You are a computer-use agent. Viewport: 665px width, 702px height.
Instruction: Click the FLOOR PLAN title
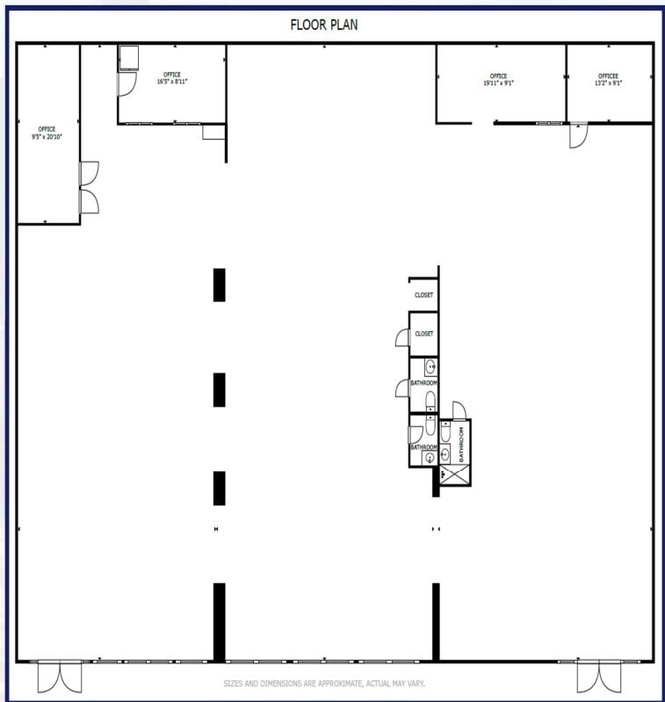pyautogui.click(x=324, y=25)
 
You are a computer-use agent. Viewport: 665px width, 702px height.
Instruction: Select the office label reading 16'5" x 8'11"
pyautogui.click(x=172, y=77)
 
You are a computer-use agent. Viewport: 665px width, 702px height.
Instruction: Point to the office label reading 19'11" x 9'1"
pyautogui.click(x=498, y=80)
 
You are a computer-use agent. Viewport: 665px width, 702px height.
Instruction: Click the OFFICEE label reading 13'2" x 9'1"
pyautogui.click(x=609, y=80)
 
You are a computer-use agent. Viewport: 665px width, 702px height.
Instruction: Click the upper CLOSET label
pyautogui.click(x=423, y=295)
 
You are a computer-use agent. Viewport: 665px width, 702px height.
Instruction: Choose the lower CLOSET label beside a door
pyautogui.click(x=423, y=334)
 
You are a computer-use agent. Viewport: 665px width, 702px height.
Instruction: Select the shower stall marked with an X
pyautogui.click(x=454, y=474)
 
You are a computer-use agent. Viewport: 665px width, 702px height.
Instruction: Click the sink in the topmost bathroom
pyautogui.click(x=430, y=366)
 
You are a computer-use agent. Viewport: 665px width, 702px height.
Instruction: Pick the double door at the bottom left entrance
pyautogui.click(x=59, y=677)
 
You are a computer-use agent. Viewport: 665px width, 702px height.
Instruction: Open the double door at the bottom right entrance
pyautogui.click(x=598, y=677)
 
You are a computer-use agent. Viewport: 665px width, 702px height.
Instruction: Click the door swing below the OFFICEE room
pyautogui.click(x=577, y=135)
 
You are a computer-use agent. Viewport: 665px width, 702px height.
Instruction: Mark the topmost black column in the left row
pyautogui.click(x=219, y=285)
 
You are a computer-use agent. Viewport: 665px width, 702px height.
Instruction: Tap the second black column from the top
pyautogui.click(x=219, y=389)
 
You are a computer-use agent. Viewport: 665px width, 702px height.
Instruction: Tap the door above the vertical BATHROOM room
pyautogui.click(x=459, y=410)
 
